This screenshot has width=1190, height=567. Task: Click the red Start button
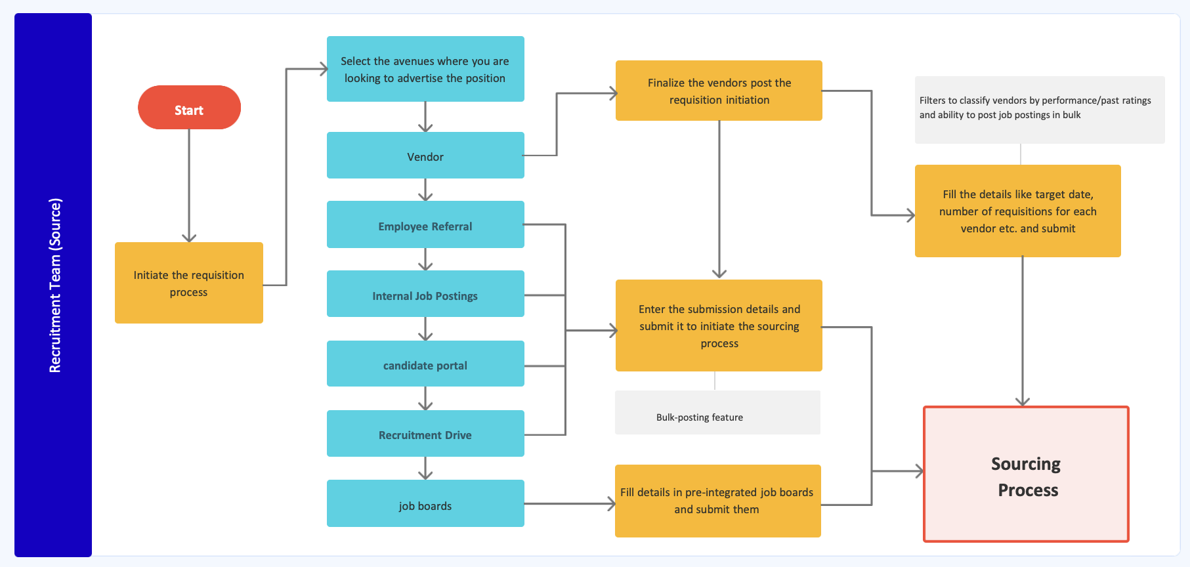[189, 108]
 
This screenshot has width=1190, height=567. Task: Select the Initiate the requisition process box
[189, 283]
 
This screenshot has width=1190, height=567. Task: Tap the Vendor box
[425, 156]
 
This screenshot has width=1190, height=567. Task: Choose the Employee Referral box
[425, 225]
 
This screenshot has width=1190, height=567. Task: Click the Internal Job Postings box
[425, 294]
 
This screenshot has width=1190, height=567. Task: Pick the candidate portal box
[425, 364]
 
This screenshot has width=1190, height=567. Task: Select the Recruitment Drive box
[425, 433]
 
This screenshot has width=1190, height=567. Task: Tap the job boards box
[425, 503]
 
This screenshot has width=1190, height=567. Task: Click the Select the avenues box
[425, 69]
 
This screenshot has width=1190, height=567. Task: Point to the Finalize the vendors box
[719, 91]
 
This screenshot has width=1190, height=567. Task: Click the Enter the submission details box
[719, 325]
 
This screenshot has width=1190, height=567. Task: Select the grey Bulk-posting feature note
[717, 413]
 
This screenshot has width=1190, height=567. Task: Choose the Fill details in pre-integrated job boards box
[717, 501]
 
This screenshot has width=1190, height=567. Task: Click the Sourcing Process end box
[1026, 474]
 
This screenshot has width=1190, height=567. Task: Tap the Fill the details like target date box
[1017, 211]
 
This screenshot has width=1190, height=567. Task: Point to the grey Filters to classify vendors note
[1039, 110]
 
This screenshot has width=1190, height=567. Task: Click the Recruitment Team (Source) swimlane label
[54, 285]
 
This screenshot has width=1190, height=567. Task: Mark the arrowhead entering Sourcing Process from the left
[919, 471]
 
